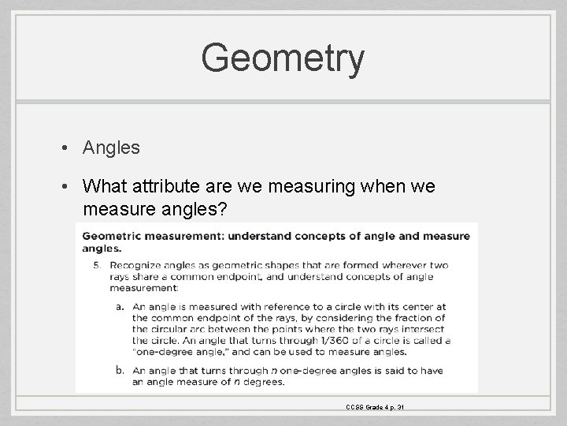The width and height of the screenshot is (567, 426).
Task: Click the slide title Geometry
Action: point(283,58)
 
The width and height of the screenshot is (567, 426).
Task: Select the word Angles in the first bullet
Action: point(109,148)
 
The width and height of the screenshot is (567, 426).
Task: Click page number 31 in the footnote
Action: point(401,407)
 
